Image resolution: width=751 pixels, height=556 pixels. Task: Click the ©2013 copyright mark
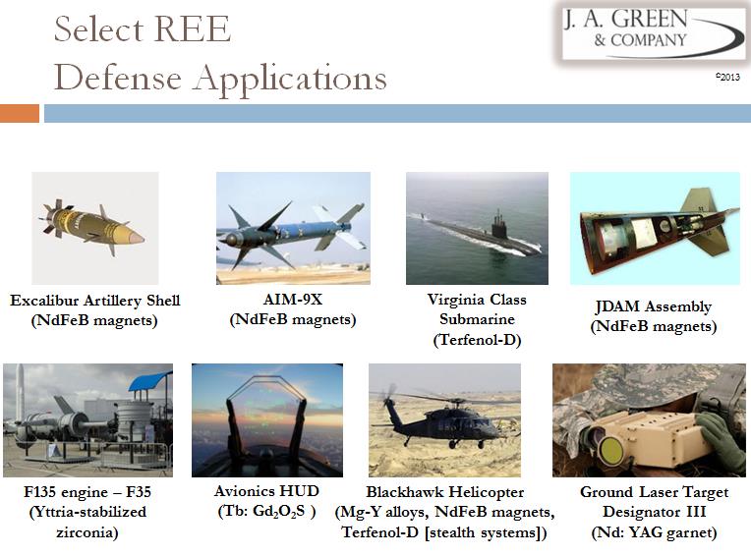point(728,77)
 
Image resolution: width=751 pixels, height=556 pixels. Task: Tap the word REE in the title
point(193,29)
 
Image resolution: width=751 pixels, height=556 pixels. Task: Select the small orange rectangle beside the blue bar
point(20,113)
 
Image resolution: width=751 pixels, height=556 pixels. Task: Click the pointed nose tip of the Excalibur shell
point(143,238)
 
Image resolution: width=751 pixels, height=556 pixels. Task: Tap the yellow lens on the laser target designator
point(610,450)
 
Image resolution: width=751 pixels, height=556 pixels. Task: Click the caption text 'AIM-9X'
point(293,300)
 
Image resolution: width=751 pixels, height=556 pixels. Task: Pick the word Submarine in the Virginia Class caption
point(477,319)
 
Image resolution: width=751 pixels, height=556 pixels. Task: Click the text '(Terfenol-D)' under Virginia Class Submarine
point(477,340)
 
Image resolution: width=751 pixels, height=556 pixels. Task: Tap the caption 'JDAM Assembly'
point(654,306)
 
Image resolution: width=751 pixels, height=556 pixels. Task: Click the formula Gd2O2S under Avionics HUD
point(278,512)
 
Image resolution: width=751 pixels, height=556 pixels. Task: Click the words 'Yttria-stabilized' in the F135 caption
point(87,512)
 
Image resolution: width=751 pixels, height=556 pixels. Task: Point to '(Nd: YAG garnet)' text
point(655,532)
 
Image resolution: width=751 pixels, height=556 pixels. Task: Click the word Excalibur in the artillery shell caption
point(44,301)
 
